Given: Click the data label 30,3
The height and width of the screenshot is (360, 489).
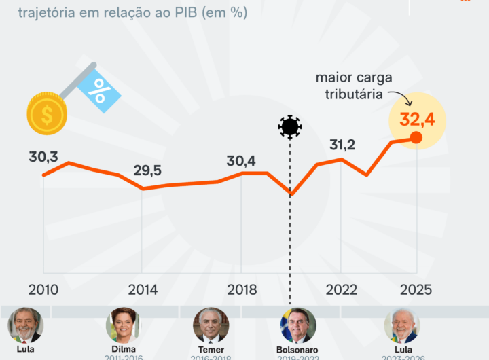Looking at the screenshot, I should coord(43,157).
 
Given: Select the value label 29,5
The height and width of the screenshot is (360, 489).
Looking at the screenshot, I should coord(147,170).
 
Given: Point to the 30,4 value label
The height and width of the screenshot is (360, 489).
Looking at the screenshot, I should coord(241,161).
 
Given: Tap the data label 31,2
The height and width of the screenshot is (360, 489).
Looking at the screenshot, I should coord(342,145).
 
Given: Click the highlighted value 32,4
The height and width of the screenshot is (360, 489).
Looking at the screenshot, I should coord(416,120).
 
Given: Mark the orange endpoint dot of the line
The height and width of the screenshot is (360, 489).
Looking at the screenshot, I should coord(416,139).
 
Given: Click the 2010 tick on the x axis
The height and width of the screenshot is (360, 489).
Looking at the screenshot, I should coord(43,289).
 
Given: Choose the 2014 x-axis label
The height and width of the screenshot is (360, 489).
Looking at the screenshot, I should coord(142,289).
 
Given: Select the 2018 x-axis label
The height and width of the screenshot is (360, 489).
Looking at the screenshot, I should coord(242,289).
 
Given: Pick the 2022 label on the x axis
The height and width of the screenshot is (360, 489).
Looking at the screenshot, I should coord(342,289).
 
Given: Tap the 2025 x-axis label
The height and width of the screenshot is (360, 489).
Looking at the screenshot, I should coord(416,289).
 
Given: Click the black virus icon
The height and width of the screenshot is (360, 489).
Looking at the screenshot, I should coord(290,127).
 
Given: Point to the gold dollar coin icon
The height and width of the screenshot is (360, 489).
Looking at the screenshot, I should coord(46,113).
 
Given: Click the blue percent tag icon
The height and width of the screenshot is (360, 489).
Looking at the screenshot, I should coord(99,89).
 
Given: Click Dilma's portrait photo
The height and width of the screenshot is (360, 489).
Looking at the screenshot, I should coord(124,325).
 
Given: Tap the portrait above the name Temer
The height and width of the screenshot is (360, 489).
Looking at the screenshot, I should coord(211,325).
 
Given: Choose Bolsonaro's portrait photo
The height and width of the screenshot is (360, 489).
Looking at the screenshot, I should coord(299,325).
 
